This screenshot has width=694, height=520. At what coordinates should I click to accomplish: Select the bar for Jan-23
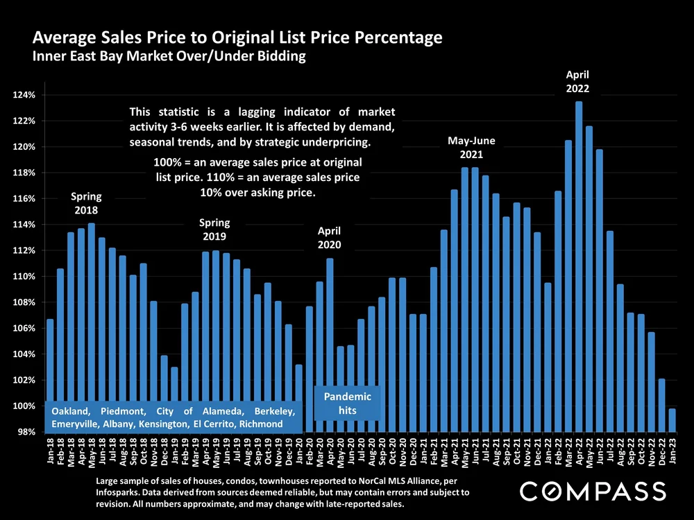tap(672, 420)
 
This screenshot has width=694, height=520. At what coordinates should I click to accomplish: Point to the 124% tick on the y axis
tap(26, 95)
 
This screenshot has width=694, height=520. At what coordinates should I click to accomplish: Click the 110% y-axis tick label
tap(26, 277)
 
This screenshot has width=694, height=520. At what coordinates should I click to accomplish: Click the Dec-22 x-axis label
tap(661, 453)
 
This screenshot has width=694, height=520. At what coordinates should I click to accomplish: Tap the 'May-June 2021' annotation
tap(471, 147)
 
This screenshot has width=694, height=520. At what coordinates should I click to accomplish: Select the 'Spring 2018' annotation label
tap(85, 204)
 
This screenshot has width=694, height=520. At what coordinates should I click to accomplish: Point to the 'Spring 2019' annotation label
tap(214, 229)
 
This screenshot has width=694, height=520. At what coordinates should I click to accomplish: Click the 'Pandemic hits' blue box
tap(348, 403)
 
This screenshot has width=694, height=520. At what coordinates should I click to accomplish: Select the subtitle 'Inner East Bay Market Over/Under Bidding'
tap(169, 57)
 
